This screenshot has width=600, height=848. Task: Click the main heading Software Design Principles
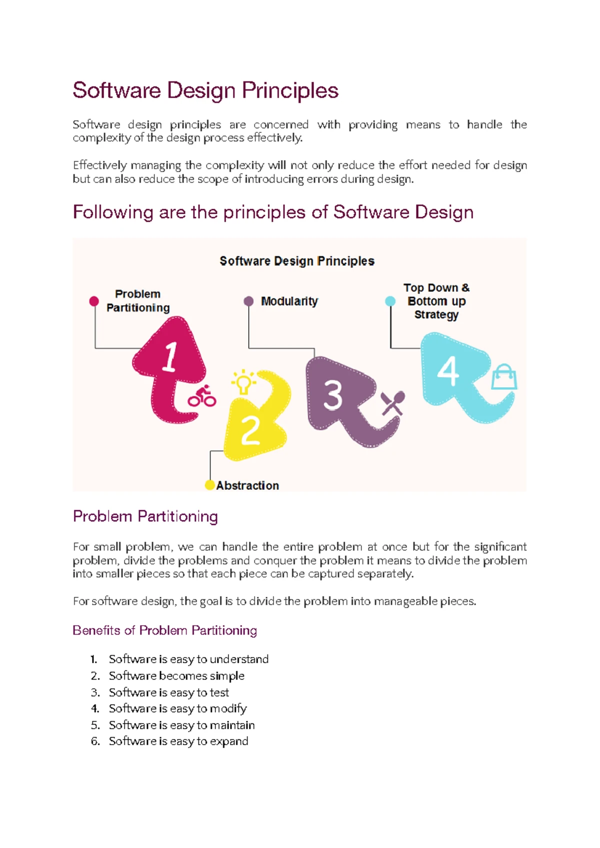(x=205, y=91)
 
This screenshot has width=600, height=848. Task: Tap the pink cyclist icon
(x=202, y=397)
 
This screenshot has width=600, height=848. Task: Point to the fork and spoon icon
(x=392, y=403)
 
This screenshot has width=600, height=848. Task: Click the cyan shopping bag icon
(x=503, y=377)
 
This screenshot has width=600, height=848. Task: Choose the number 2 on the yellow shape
(x=250, y=430)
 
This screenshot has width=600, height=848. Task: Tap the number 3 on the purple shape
(x=332, y=395)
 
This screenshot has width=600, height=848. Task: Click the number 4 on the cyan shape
(x=448, y=371)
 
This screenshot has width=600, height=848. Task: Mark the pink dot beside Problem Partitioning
(x=94, y=301)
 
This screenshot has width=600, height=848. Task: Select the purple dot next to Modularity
(x=248, y=301)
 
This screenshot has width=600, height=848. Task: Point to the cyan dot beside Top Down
(x=390, y=301)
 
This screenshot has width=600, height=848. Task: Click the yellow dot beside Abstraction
(x=210, y=485)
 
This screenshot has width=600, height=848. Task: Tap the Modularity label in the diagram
(x=289, y=302)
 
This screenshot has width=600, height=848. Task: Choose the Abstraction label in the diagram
(x=247, y=485)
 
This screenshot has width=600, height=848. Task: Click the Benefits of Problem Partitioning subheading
(x=164, y=630)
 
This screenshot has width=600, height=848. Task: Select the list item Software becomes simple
(x=176, y=676)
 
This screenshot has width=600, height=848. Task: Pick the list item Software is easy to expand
(x=178, y=741)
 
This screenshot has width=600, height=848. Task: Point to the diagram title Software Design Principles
(x=297, y=261)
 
